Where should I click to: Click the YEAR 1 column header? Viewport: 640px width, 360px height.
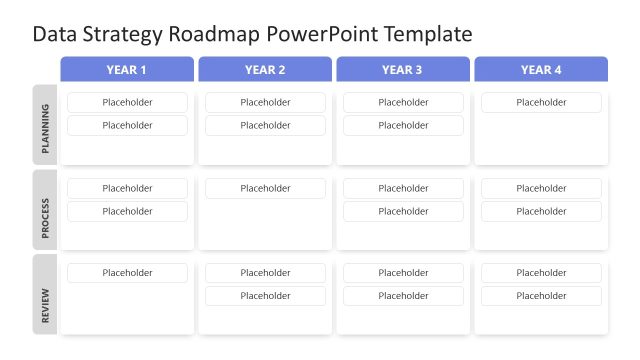coord(127,69)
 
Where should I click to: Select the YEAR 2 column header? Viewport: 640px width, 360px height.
coord(265,69)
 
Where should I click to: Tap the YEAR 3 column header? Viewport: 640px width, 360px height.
coord(402,69)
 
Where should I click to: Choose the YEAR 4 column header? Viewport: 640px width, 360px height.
coord(541,69)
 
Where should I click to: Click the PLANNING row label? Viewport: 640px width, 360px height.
coord(45,125)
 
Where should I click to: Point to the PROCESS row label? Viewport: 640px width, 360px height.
coord(45,210)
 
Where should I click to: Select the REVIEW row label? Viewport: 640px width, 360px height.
coord(45,295)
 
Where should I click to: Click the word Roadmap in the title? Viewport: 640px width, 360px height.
coord(205,34)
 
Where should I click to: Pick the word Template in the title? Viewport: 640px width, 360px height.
coord(421,34)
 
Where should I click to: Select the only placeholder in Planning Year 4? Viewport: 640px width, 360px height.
coord(541,102)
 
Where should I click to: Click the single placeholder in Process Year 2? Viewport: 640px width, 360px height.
coord(265,188)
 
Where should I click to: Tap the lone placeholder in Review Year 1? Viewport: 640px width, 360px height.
coord(127,273)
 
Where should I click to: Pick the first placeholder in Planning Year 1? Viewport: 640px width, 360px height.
coord(127,102)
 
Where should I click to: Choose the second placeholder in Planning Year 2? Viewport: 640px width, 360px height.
coord(265,125)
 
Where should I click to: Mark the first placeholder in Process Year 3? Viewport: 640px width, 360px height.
coord(403,188)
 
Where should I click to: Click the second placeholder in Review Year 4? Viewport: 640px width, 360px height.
coord(541,296)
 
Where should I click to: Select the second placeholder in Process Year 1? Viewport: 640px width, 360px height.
coord(127,211)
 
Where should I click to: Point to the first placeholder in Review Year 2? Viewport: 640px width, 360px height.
coord(265,273)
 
